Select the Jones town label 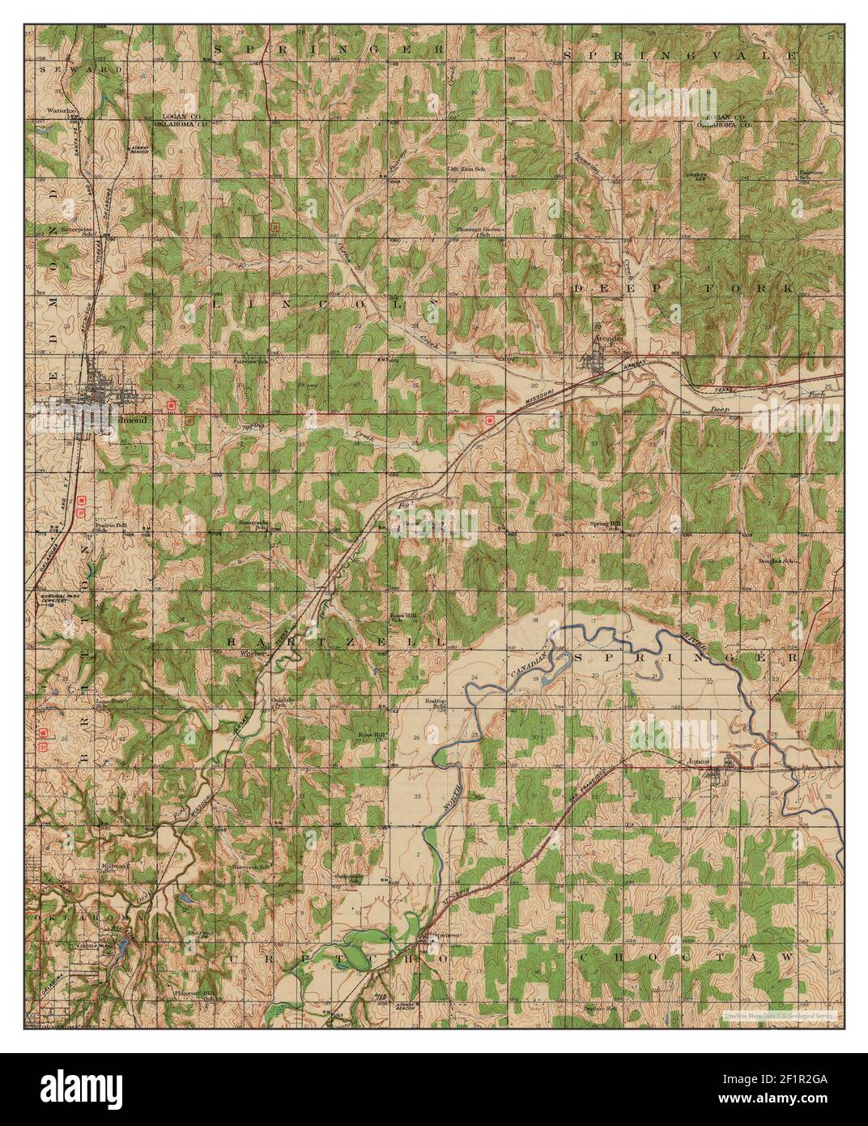tap(699, 761)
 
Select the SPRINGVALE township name tap(681, 54)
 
